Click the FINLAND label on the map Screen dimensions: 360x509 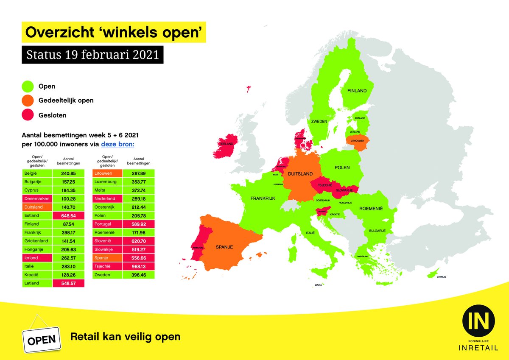[357, 91]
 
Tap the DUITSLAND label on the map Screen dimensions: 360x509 [300, 174]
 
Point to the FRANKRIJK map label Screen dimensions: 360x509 [263, 198]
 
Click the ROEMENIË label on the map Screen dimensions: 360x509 [371, 209]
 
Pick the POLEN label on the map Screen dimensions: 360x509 [342, 167]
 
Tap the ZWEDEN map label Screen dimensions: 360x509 [319, 121]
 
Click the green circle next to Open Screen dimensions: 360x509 [28, 87]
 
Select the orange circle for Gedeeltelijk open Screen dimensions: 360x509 [28, 100]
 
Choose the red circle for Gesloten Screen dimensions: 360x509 [28, 115]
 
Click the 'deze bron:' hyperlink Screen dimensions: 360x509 [117, 145]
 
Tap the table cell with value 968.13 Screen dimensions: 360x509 [139, 266]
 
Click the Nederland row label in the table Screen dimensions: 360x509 [107, 198]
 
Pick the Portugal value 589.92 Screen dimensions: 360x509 [139, 224]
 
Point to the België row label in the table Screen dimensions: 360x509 [37, 173]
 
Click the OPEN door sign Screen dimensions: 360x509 [42, 339]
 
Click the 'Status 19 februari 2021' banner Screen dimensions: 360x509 [92, 55]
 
